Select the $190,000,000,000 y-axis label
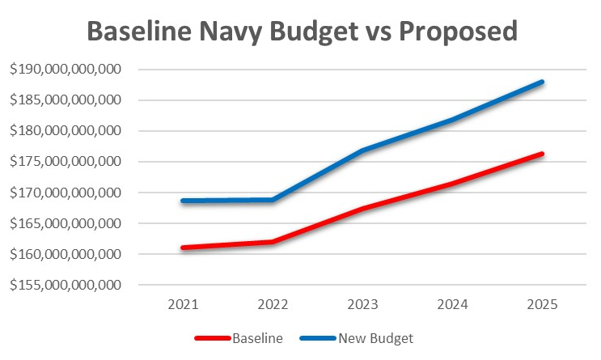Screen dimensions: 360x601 click(x=64, y=70)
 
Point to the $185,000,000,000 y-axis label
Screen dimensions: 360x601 click(x=64, y=100)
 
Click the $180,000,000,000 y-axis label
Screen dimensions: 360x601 click(x=64, y=131)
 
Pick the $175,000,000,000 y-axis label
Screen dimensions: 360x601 click(x=64, y=162)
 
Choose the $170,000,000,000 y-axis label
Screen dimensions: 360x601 click(x=64, y=193)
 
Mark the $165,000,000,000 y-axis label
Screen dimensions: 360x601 click(x=64, y=223)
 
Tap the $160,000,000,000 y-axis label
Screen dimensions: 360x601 click(x=64, y=254)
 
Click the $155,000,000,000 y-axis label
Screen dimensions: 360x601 click(x=64, y=285)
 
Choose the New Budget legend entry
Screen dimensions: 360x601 click(x=370, y=338)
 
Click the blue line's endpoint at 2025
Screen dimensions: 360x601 click(x=541, y=82)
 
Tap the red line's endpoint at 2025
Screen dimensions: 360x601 click(x=541, y=154)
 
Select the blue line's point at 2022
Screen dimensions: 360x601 click(x=273, y=200)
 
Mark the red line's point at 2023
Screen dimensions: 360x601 click(x=362, y=209)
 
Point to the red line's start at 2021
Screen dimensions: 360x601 click(x=184, y=248)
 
